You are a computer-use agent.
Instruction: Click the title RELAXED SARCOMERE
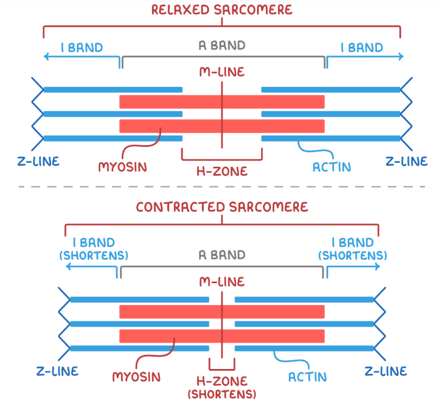(x=221, y=9)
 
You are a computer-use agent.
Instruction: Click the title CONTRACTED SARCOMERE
(x=222, y=207)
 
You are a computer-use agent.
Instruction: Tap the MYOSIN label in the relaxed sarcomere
(x=122, y=167)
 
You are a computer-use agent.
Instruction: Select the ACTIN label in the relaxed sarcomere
(x=332, y=167)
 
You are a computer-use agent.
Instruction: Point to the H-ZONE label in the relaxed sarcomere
(x=222, y=172)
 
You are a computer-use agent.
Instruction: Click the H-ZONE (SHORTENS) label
(x=222, y=387)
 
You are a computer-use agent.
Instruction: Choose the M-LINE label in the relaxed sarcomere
(x=221, y=72)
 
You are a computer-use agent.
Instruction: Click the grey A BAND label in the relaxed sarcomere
(x=221, y=45)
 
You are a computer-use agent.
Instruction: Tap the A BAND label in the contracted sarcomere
(x=221, y=255)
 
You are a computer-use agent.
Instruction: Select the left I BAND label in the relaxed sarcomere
(x=82, y=47)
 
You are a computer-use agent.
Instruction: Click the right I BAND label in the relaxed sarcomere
(x=362, y=47)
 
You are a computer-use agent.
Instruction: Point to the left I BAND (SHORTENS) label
(x=94, y=249)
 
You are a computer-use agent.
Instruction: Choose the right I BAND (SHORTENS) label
(x=352, y=249)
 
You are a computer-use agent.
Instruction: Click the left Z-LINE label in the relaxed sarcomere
(x=38, y=160)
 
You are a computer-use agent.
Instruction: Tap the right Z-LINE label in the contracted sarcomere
(x=386, y=371)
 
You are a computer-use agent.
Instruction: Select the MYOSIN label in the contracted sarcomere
(x=136, y=376)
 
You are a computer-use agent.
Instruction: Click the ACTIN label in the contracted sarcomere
(x=307, y=376)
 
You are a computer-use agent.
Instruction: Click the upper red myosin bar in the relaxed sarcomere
(x=222, y=102)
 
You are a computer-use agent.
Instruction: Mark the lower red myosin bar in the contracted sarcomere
(x=222, y=336)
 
